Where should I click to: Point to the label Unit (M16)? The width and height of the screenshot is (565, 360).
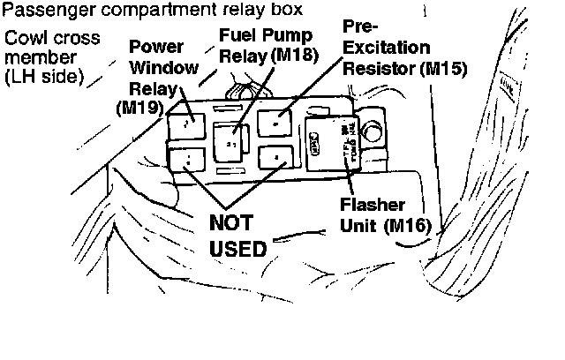point(384,224)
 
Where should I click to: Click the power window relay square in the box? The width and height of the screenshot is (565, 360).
point(190,123)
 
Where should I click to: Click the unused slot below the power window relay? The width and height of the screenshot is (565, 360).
point(188,160)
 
